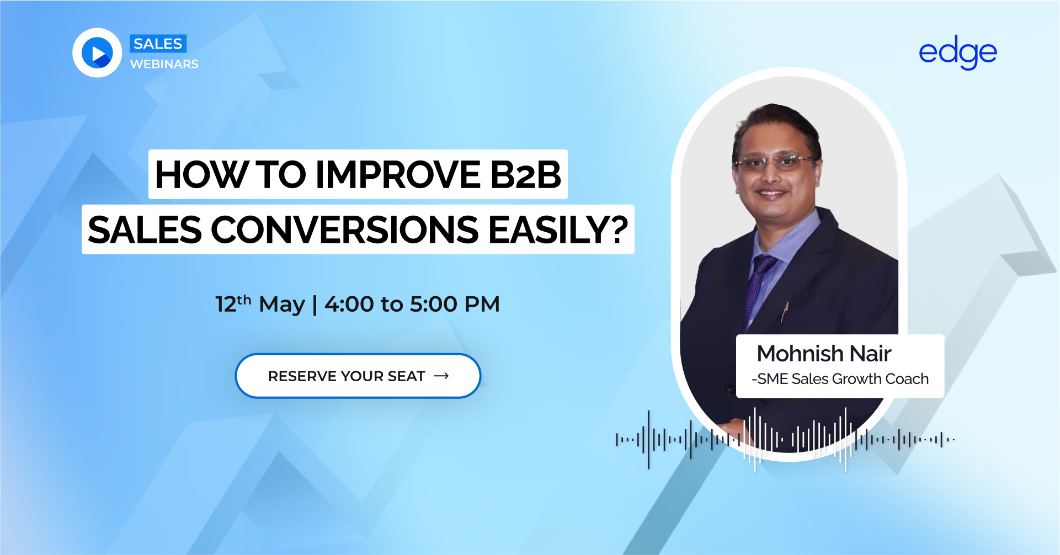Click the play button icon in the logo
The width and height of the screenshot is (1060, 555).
(x=97, y=53)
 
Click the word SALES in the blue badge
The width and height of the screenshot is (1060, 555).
(x=158, y=44)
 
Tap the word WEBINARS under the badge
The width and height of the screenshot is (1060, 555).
(x=164, y=64)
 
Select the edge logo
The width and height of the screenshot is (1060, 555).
(x=958, y=52)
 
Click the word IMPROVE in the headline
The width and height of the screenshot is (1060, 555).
(x=398, y=174)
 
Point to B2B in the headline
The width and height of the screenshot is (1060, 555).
(x=526, y=174)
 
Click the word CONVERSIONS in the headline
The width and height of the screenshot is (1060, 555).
(x=345, y=230)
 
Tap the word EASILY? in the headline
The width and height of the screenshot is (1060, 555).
(x=558, y=230)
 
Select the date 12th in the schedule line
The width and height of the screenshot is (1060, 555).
(x=233, y=303)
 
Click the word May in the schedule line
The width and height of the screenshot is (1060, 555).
(x=282, y=305)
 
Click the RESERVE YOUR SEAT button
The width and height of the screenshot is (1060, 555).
(x=358, y=376)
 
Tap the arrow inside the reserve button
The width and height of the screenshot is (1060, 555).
(x=441, y=376)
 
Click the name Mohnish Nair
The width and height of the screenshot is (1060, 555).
(x=824, y=354)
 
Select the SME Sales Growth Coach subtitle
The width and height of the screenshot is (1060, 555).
(x=840, y=379)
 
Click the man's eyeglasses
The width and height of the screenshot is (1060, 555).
(x=775, y=162)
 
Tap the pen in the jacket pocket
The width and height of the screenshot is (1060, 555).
(x=785, y=312)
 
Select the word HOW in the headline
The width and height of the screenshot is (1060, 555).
(x=202, y=174)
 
